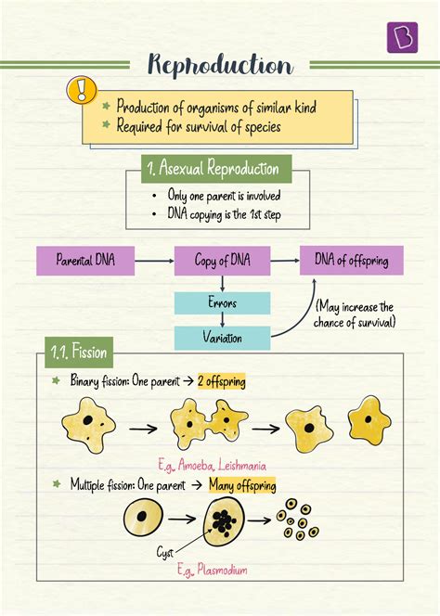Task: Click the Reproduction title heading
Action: [x=220, y=65]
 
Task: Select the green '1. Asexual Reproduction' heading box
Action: [x=212, y=169]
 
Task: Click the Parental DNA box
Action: [x=84, y=261]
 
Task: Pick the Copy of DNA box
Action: [x=222, y=261]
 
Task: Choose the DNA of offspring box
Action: [x=351, y=261]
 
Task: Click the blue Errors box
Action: [x=222, y=302]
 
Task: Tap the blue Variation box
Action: [x=222, y=338]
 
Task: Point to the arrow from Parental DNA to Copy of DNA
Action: [x=154, y=261]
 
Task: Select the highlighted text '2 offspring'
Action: [x=221, y=381]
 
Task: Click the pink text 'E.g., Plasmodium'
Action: [x=212, y=571]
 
